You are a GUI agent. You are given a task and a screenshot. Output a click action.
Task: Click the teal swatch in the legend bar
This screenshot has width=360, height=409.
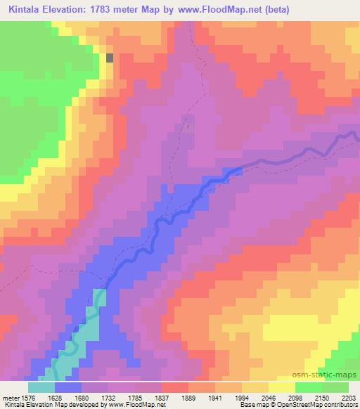click(x=42, y=387)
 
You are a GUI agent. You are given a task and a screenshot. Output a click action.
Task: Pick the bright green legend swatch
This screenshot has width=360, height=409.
click(x=309, y=387)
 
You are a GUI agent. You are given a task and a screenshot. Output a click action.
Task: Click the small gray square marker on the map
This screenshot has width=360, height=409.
click(x=109, y=58)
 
